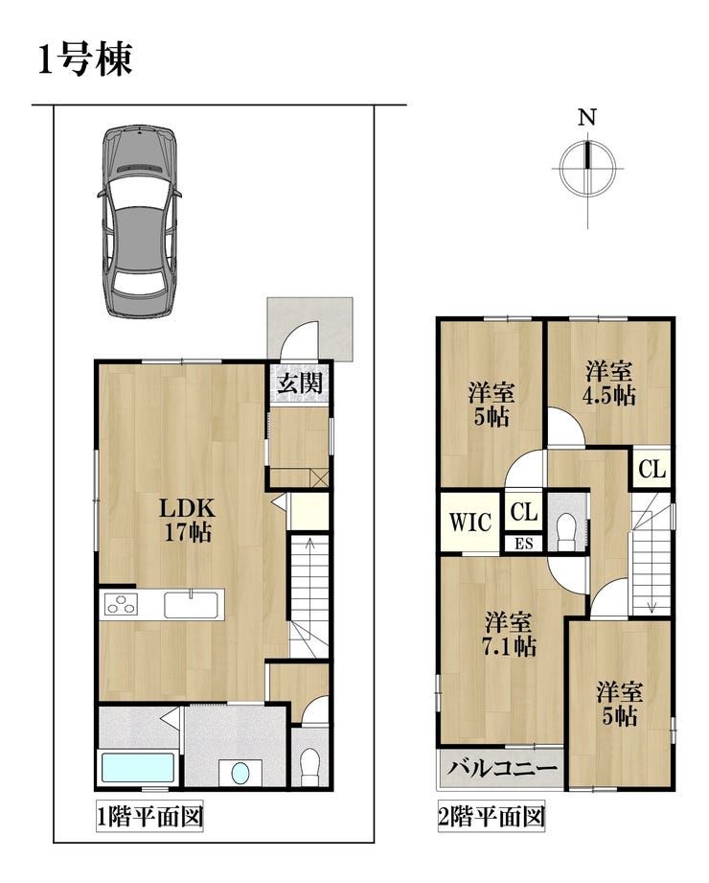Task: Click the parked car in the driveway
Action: point(139,221)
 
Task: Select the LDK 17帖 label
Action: point(188,520)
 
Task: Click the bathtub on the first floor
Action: point(138,766)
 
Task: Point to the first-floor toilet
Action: point(309,766)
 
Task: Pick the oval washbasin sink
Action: point(240,773)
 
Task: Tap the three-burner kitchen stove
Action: point(121,604)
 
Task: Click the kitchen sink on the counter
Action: point(191,604)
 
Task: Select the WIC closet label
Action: point(469,522)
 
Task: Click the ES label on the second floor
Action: point(523,544)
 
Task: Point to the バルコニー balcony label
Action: point(502,768)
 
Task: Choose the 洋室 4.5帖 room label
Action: point(608,383)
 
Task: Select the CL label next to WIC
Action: point(524,512)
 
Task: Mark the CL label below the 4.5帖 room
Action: point(652,469)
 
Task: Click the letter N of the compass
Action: point(587,118)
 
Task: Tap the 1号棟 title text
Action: point(85,59)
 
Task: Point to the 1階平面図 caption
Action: point(149,817)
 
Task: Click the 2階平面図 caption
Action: point(492,817)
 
